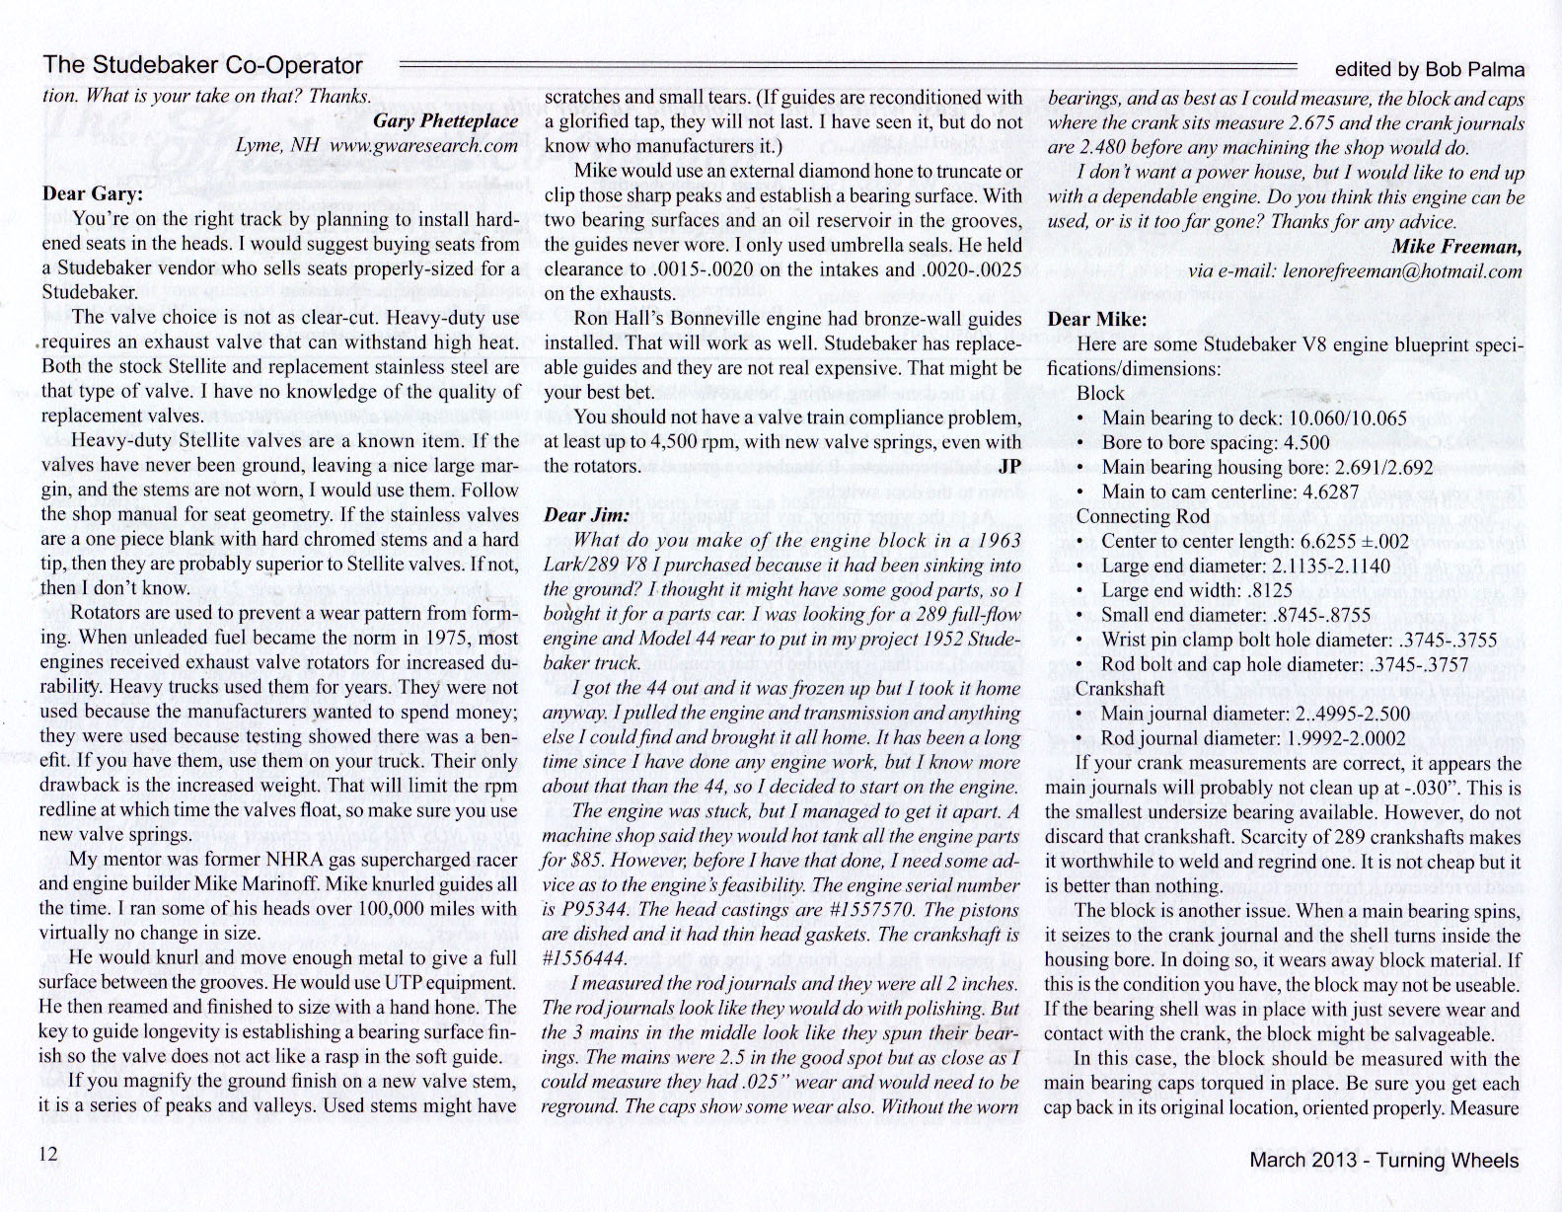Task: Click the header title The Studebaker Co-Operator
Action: point(202,67)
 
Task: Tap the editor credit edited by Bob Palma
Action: point(1429,69)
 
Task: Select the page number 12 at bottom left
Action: point(49,1154)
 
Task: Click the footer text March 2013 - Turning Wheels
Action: point(1383,1161)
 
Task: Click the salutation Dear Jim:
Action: point(586,515)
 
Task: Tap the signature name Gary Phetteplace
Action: point(446,120)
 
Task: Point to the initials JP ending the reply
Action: point(1009,467)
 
